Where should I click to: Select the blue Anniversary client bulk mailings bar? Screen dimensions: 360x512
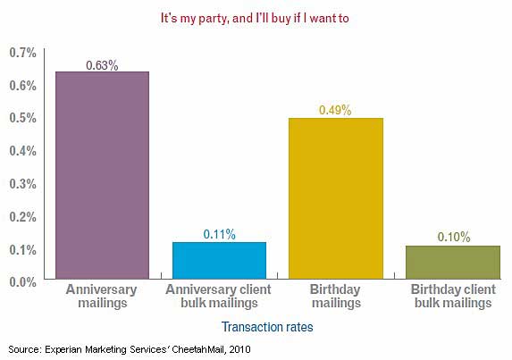pyautogui.click(x=219, y=260)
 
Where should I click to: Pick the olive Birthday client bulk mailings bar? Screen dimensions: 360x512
pyautogui.click(x=452, y=262)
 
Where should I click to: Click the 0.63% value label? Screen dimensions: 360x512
pyautogui.click(x=102, y=64)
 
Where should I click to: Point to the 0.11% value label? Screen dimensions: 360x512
pyautogui.click(x=219, y=234)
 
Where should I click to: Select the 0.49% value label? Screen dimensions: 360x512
pyautogui.click(x=335, y=111)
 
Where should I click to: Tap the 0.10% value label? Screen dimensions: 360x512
pyautogui.click(x=452, y=238)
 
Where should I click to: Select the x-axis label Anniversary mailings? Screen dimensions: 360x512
pyautogui.click(x=102, y=297)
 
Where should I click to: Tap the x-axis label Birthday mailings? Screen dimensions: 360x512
pyautogui.click(x=335, y=297)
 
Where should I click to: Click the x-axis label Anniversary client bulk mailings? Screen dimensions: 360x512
pyautogui.click(x=219, y=297)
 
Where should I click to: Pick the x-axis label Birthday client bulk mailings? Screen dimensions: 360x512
pyautogui.click(x=452, y=297)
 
